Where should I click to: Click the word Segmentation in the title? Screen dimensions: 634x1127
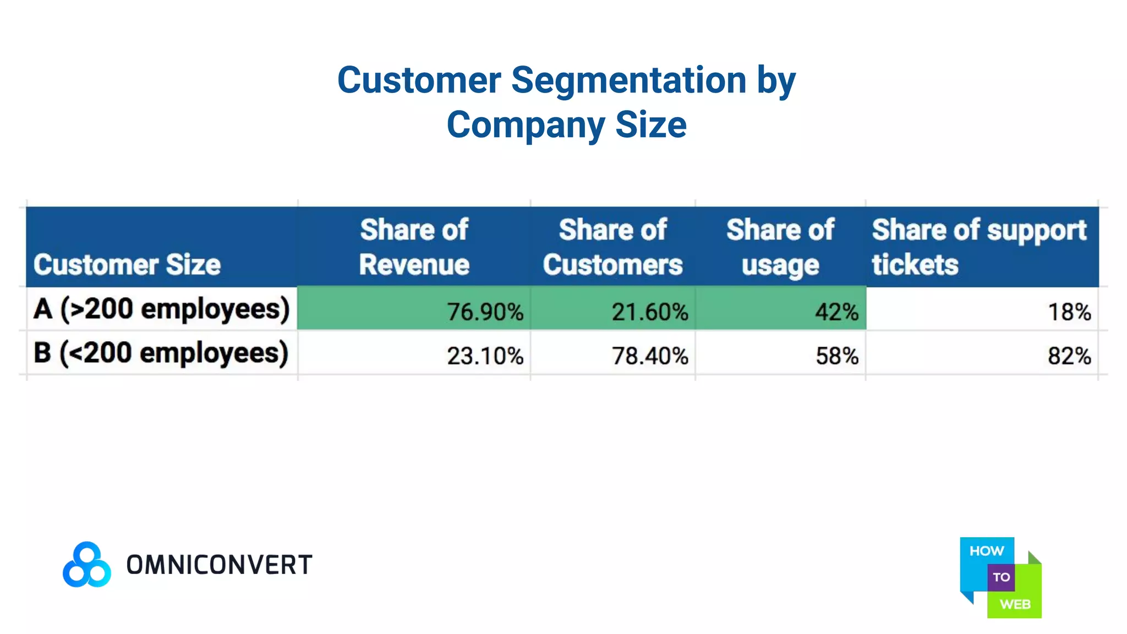tap(628, 81)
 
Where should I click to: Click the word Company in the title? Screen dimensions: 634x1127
tap(526, 125)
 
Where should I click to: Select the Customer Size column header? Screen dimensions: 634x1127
tap(127, 265)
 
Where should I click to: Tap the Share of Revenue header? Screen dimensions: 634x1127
tap(414, 247)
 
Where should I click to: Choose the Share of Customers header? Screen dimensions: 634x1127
tap(612, 247)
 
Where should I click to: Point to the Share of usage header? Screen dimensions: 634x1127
tap(780, 247)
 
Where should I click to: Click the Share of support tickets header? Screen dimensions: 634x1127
tap(979, 247)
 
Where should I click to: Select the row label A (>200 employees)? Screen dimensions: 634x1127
tap(161, 309)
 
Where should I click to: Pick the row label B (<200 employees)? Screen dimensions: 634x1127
tap(161, 353)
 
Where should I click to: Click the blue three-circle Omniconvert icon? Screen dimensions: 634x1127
tap(87, 565)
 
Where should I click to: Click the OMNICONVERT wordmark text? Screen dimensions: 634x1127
tap(219, 565)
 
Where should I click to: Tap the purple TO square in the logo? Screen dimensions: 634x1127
tap(1001, 577)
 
